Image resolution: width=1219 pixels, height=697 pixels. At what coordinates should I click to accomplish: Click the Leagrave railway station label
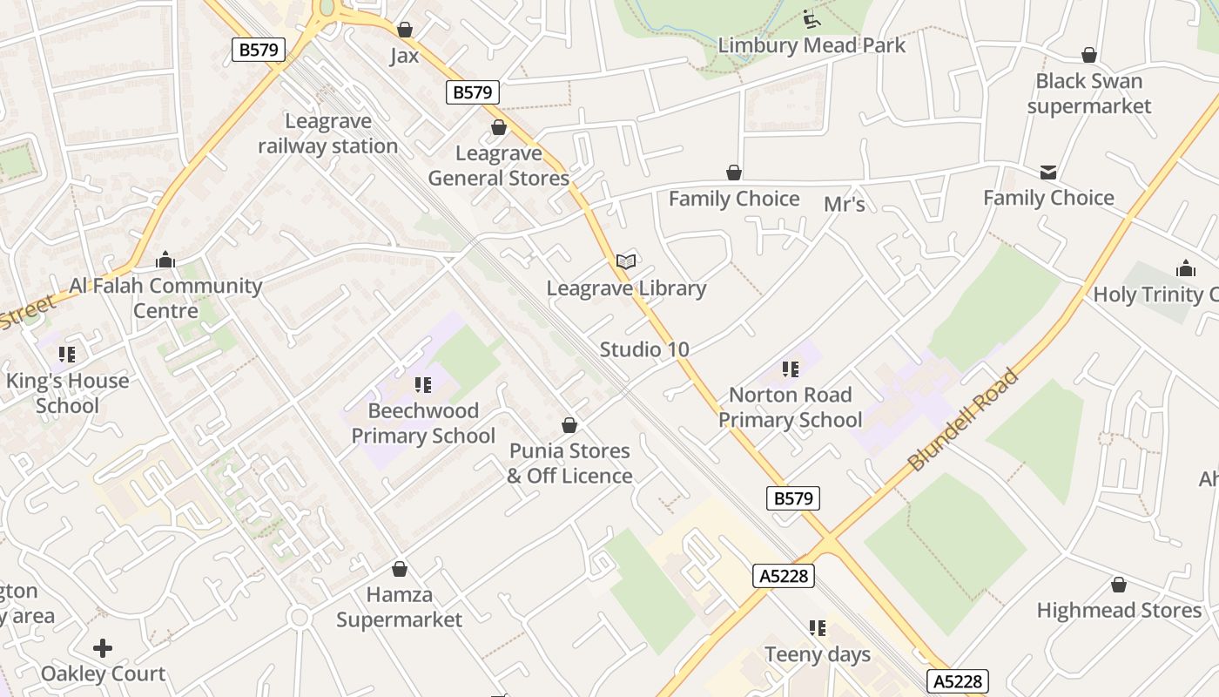click(328, 133)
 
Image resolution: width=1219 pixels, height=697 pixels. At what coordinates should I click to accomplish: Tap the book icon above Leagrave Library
click(626, 261)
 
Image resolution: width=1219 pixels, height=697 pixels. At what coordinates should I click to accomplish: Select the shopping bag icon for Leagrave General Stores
click(499, 128)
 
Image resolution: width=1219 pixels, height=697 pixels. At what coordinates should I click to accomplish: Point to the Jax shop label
click(404, 56)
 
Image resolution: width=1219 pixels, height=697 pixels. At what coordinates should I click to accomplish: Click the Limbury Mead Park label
click(812, 45)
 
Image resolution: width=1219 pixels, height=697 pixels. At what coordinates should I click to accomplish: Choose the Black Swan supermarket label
click(1088, 93)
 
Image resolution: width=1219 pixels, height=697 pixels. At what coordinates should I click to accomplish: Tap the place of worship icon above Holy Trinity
click(1185, 267)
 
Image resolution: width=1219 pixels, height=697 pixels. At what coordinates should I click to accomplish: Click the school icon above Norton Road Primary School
click(790, 369)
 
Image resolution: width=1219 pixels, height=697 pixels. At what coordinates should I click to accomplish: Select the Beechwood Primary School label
click(423, 423)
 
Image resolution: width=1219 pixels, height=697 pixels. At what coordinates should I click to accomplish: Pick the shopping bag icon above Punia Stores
click(569, 425)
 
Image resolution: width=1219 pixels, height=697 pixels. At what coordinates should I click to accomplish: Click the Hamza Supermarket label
click(400, 607)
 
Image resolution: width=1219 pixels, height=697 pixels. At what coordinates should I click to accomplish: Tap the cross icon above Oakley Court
click(103, 647)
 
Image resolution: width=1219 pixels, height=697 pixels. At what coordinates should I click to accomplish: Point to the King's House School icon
click(67, 355)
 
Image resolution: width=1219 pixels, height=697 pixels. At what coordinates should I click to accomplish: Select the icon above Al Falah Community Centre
click(165, 260)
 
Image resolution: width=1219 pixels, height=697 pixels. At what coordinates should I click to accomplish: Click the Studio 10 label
click(644, 349)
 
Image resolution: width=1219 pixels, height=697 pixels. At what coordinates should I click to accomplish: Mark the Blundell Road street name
click(963, 421)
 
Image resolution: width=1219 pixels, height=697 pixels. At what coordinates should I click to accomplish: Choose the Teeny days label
click(818, 654)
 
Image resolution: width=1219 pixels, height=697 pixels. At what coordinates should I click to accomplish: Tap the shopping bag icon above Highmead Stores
click(1119, 585)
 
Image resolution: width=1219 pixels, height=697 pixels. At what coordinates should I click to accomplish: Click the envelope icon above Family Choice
click(1048, 173)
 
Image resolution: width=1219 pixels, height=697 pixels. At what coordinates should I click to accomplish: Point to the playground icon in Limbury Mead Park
click(812, 18)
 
